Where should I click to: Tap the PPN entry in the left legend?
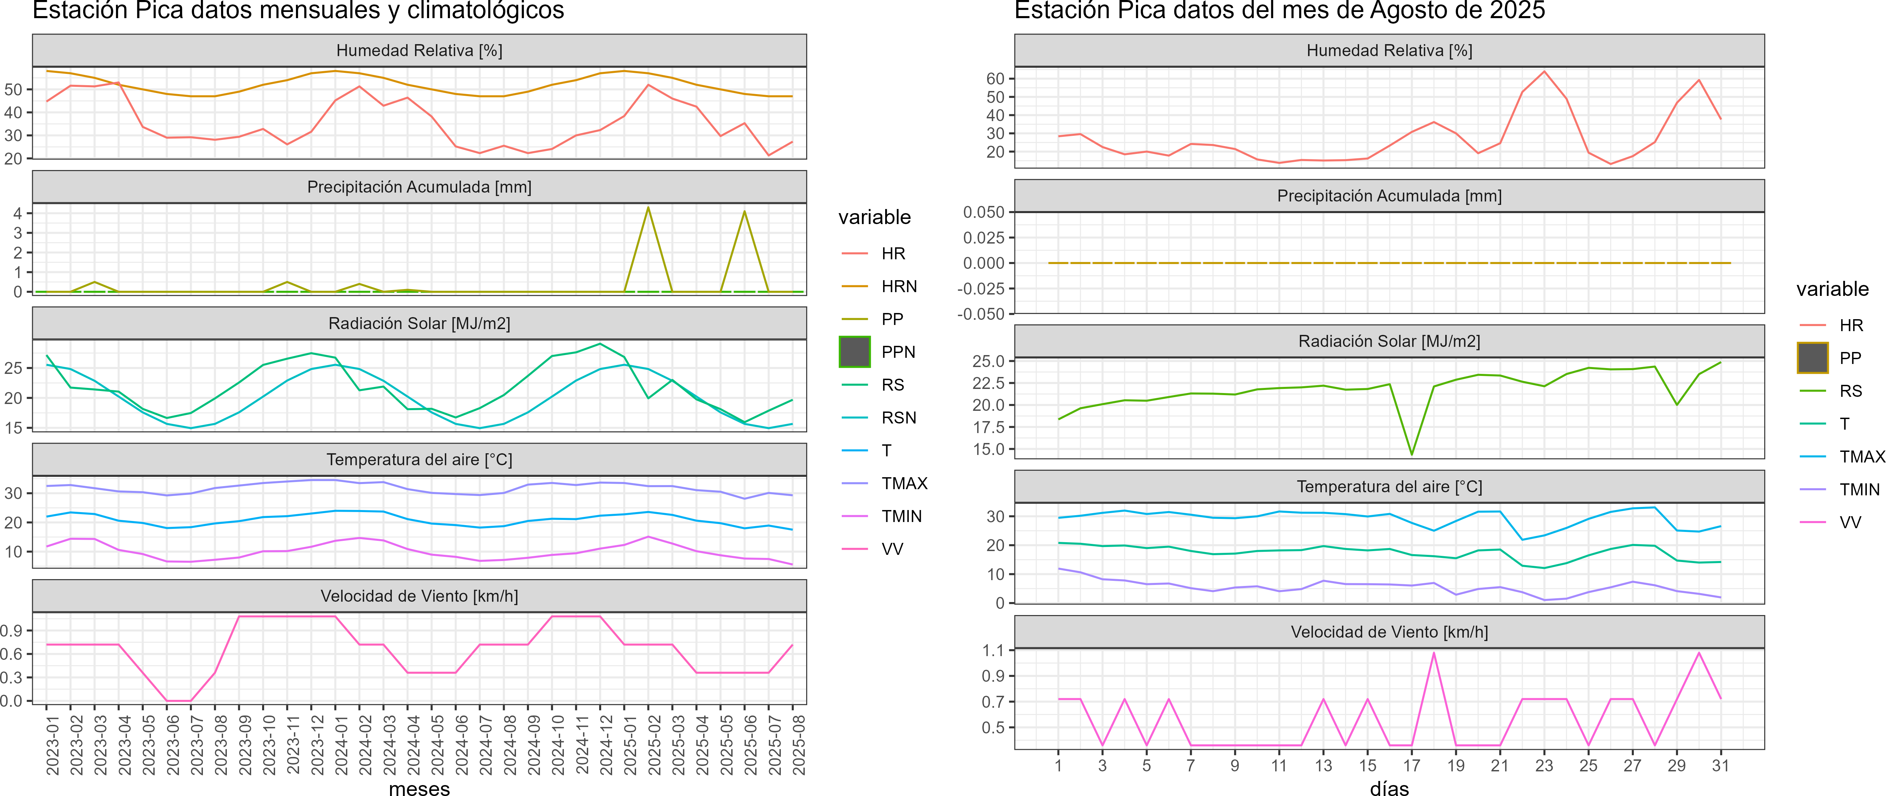897,352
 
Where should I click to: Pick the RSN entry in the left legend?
898,418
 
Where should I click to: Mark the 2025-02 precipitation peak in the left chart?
648,208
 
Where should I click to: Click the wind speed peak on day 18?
1434,653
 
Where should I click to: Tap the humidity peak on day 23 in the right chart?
1544,72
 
